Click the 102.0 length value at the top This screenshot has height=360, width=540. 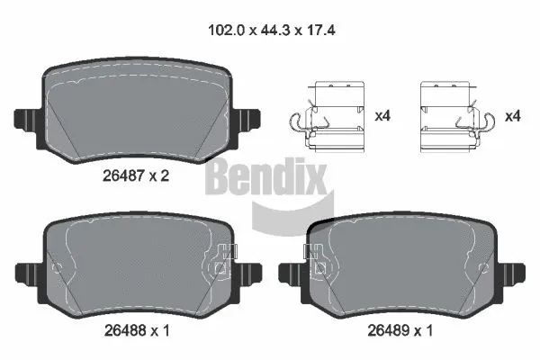(x=221, y=29)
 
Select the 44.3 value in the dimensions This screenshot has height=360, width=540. (x=270, y=29)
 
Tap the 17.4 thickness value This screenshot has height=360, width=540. (x=318, y=29)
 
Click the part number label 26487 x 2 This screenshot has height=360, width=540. (x=136, y=175)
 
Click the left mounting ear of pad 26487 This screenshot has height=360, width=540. (x=26, y=118)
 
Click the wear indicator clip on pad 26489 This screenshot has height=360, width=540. (x=318, y=261)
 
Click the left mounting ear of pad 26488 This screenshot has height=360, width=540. (x=26, y=271)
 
